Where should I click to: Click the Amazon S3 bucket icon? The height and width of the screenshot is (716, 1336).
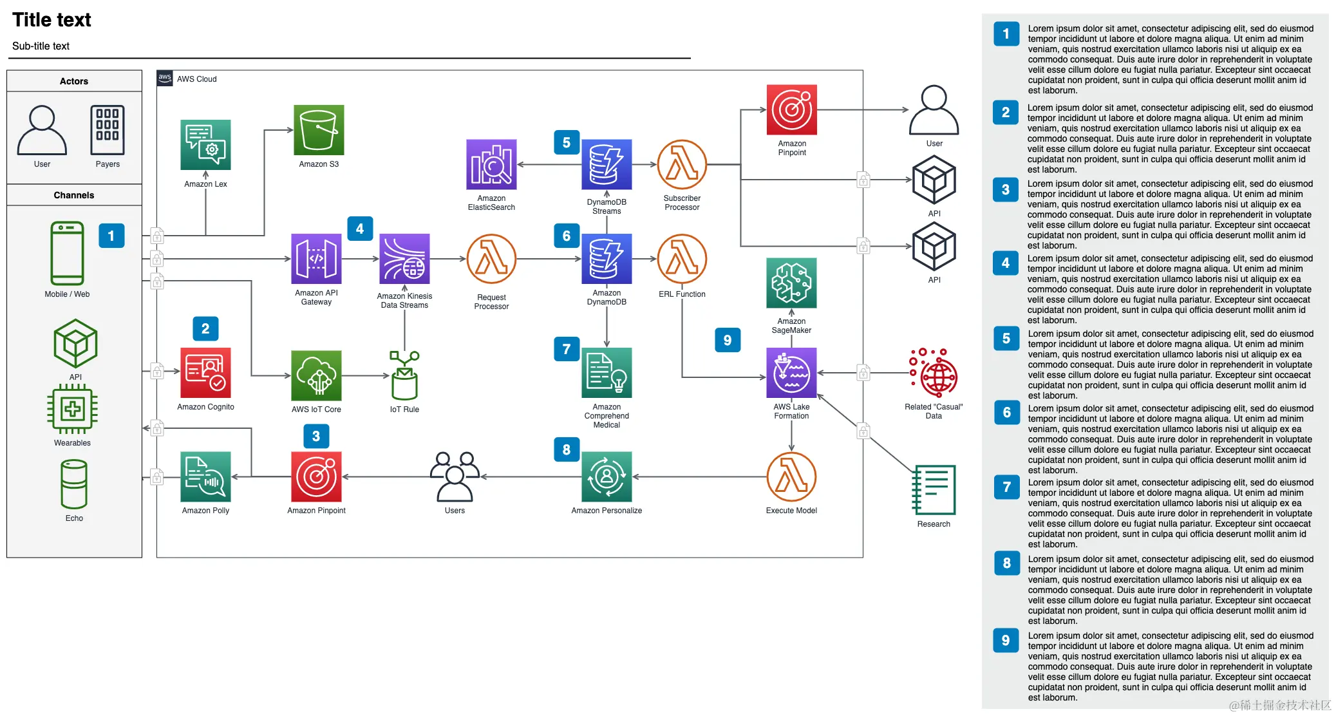point(319,130)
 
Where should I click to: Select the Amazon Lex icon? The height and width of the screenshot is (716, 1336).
point(205,145)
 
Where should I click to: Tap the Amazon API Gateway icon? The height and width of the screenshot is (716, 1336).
point(316,259)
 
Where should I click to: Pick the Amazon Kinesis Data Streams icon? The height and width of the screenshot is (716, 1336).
point(404,259)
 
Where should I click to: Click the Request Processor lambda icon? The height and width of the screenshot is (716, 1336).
point(491,259)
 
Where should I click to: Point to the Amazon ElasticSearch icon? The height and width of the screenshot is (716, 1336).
point(491,164)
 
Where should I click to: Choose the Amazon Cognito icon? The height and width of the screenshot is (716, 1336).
point(205,373)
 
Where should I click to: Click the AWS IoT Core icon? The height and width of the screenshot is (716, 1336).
point(316,375)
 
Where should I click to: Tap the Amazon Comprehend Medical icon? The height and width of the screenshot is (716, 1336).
point(607,373)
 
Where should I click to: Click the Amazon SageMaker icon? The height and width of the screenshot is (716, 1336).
point(791,283)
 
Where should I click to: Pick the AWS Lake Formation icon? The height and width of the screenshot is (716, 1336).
point(791,373)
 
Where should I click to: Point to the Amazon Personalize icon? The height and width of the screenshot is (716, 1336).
point(607,476)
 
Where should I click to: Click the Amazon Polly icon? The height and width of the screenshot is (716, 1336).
point(205,476)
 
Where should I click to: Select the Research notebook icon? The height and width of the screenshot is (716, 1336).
point(934,489)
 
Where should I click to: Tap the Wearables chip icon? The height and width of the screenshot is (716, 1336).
point(73,409)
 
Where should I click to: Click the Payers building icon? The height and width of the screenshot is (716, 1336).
point(108,130)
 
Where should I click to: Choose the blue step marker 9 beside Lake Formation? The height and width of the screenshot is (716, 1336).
point(728,340)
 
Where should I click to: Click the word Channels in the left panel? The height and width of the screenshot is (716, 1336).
point(74,195)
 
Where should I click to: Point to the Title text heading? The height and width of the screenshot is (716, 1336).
point(52,20)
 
